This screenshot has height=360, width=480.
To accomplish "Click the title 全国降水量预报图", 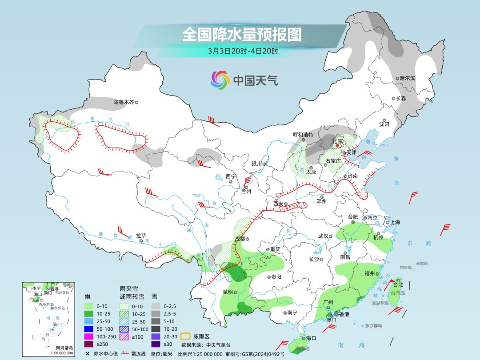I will coord(242,34).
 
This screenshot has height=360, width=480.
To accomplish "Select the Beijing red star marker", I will coord(337,145).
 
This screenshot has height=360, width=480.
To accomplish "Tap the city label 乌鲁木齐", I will coord(123,102).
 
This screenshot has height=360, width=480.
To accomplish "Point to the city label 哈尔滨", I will coord(407,78).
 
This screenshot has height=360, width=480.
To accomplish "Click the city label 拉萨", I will coord(141,236).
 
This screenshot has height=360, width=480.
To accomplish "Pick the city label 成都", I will coord(240,238).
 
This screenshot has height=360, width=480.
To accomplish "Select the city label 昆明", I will coord(228,292).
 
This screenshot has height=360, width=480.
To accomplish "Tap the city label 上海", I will coord(395,222).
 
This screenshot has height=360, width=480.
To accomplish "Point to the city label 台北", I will coord(398,284).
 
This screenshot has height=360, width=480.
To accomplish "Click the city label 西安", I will coord(278,204).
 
